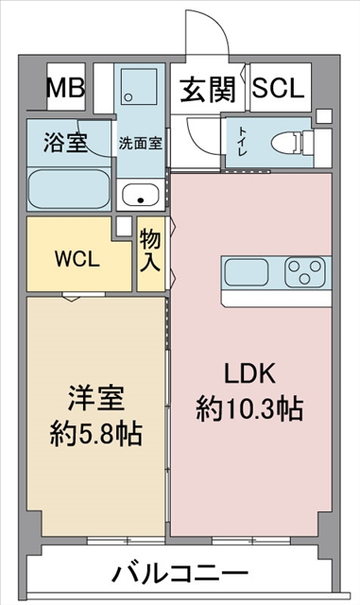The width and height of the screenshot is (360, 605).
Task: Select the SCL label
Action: (279, 89)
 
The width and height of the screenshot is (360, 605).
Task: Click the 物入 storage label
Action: (149, 250)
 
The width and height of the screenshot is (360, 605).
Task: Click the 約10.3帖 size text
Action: (249, 408)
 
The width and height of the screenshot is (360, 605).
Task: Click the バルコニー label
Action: (180, 573)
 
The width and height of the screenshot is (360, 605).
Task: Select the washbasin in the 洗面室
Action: (143, 196)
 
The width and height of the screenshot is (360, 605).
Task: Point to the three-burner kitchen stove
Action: (303, 272)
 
